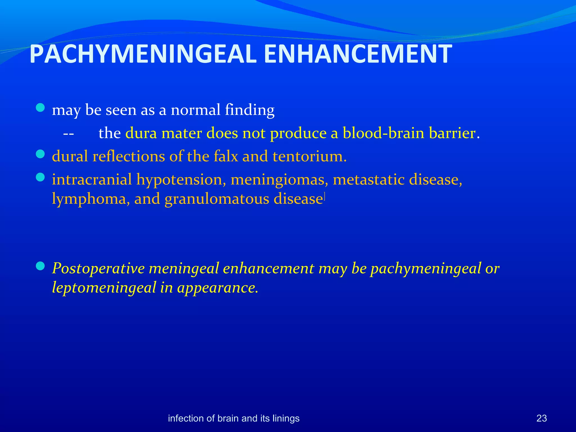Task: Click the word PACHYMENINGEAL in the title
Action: (143, 54)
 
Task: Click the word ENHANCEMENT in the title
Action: (358, 54)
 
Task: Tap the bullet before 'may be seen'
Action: (40, 108)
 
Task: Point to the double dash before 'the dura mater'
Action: (68, 134)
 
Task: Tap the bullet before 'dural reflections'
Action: (40, 154)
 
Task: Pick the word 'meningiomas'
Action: (279, 180)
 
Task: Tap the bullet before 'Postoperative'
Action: (40, 266)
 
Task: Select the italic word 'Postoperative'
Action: (98, 268)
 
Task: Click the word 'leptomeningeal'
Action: (104, 287)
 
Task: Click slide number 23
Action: (542, 418)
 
